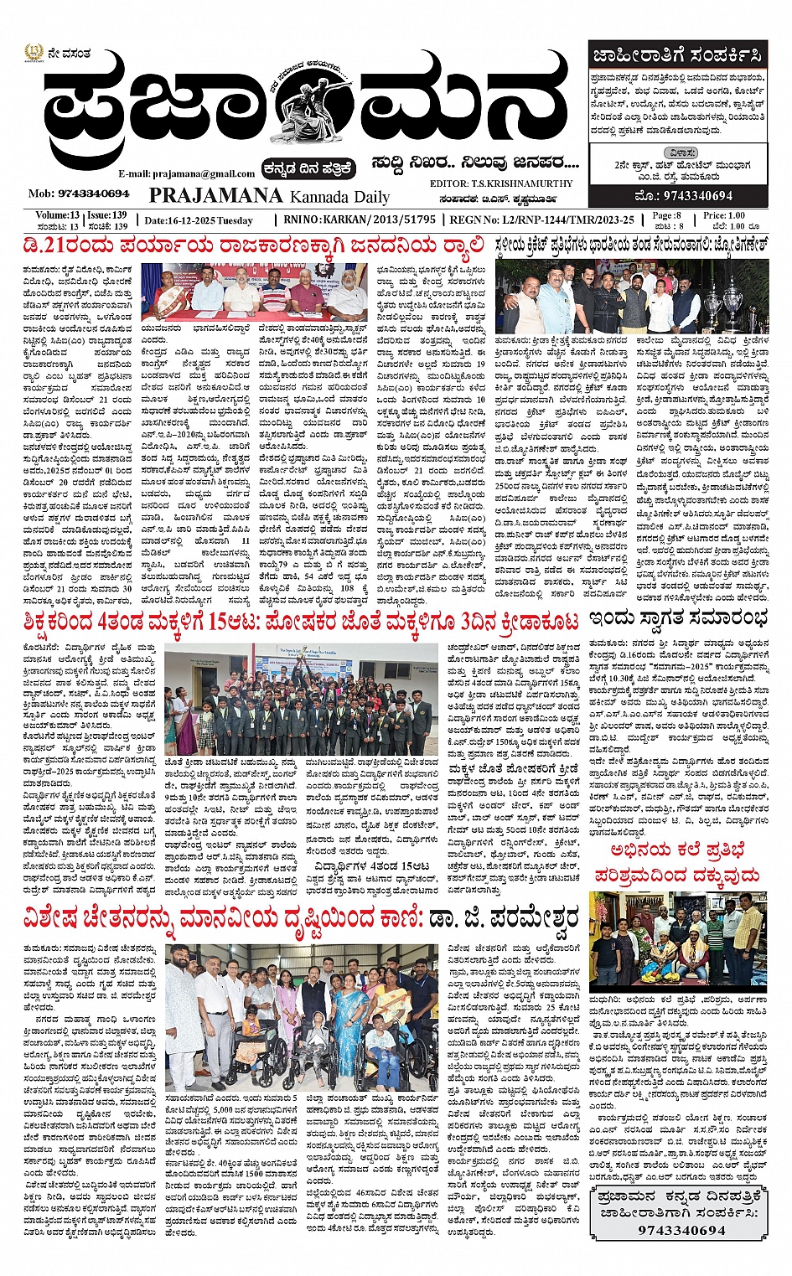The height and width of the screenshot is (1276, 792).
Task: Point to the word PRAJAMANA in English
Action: pyautogui.click(x=216, y=195)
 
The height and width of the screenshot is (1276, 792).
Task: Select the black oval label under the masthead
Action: pyautogui.click(x=308, y=167)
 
